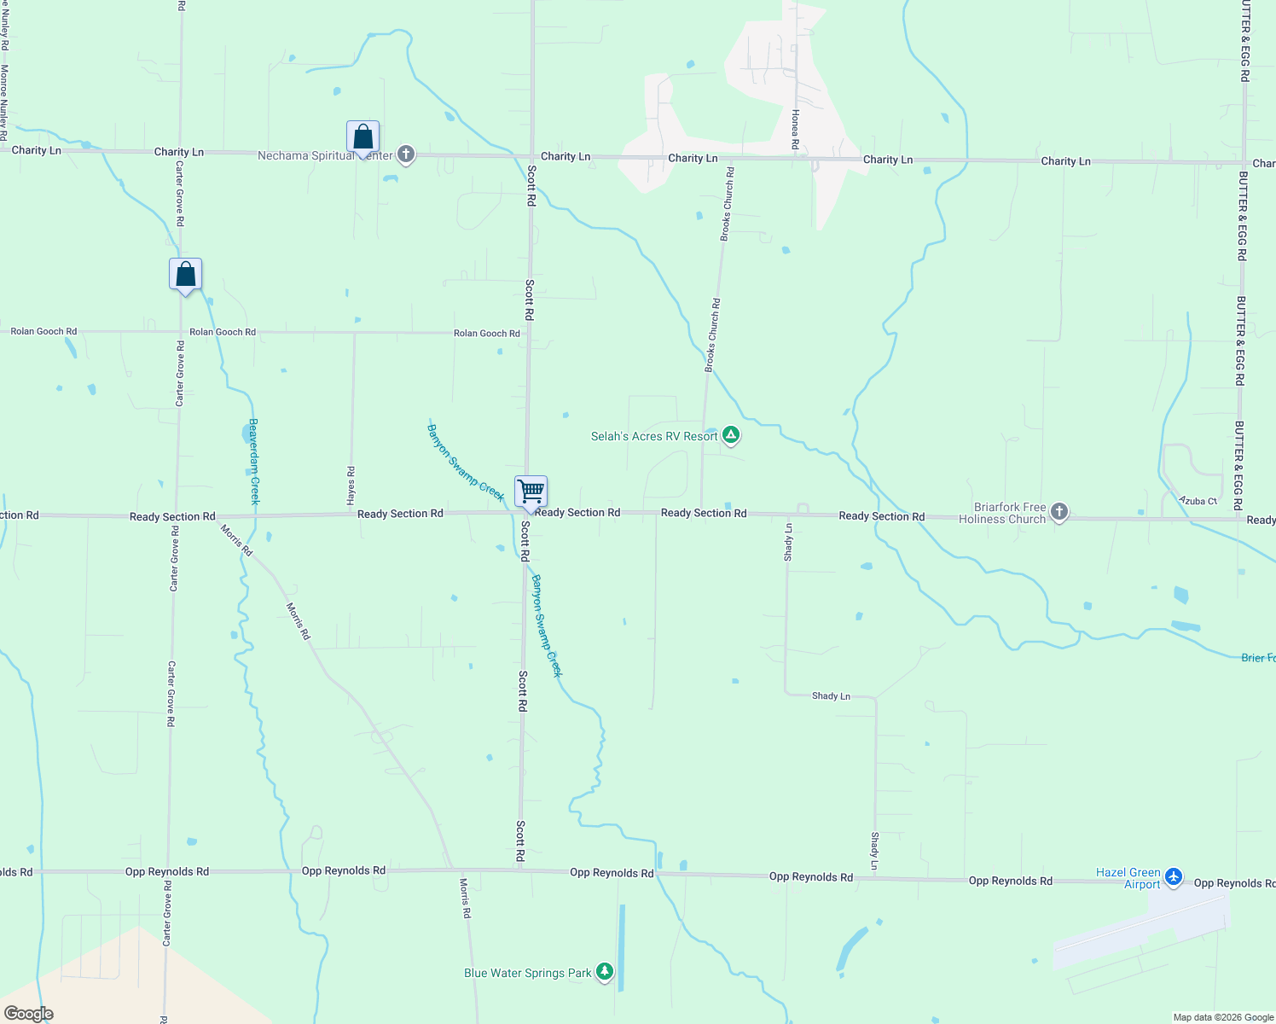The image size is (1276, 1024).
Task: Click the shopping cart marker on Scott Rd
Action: (531, 492)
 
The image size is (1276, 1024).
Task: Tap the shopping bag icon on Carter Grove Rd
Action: (185, 275)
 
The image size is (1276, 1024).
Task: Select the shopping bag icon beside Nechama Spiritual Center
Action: (362, 137)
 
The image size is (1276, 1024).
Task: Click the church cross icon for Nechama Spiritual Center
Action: (406, 154)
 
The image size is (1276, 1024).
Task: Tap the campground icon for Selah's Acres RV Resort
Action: (731, 435)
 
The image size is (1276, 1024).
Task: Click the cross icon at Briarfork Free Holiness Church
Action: (1059, 512)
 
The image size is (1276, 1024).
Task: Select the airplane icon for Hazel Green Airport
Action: (1174, 876)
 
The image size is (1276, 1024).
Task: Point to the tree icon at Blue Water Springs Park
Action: (605, 972)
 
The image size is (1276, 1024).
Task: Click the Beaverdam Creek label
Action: (253, 462)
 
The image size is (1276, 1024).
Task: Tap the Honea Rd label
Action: (795, 129)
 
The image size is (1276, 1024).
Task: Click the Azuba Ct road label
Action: (1198, 501)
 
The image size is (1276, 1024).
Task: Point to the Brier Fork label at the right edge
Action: (1258, 658)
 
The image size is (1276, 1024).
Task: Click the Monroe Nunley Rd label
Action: (4, 102)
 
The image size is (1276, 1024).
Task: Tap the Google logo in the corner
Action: (28, 1014)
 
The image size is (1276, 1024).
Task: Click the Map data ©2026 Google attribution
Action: (1223, 1017)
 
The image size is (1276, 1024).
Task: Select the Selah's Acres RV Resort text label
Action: (654, 436)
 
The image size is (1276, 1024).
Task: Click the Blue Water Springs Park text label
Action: (527, 973)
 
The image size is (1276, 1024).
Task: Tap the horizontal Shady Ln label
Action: (831, 696)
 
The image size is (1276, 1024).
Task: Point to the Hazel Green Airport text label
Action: (1128, 878)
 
